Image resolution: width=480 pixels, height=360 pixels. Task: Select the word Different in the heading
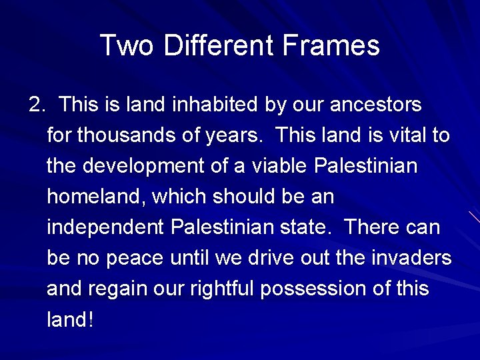pos(219,46)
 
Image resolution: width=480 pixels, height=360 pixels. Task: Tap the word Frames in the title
pos(331,46)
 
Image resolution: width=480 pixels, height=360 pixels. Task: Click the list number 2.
pos(36,105)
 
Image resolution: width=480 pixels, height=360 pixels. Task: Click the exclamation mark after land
pos(90,320)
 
